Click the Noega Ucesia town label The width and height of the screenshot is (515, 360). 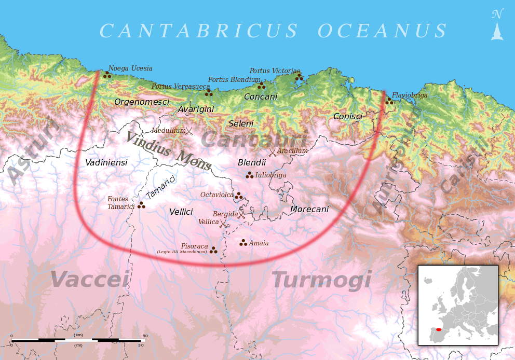tap(130, 68)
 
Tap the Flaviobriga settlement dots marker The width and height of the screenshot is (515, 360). tap(389, 101)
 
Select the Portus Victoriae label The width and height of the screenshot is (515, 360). tap(275, 71)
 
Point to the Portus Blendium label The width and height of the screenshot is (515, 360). tap(234, 80)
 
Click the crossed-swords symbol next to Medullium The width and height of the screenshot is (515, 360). tap(189, 131)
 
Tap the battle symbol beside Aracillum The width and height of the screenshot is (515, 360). tap(272, 152)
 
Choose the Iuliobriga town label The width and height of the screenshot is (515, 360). tap(270, 175)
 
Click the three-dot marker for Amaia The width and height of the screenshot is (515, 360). tap(243, 242)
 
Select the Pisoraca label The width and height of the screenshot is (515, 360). tap(194, 246)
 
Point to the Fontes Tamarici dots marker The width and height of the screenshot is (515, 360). tap(141, 205)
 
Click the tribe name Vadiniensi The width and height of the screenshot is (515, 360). tap(106, 163)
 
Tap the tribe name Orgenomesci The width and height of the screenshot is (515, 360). tap(141, 102)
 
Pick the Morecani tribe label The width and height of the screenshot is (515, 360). tap(309, 210)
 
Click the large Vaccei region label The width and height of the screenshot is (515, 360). tap(89, 280)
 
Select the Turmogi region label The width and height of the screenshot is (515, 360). tap(321, 281)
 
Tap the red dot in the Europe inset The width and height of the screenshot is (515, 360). tap(439, 329)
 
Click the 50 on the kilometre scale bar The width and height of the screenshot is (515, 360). tap(145, 336)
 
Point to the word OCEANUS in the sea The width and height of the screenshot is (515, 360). tap(382, 32)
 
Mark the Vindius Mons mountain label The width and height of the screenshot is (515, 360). tap(168, 151)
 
